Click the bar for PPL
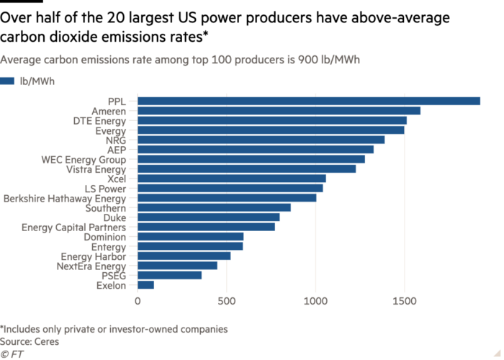point(309,101)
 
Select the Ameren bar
point(279,111)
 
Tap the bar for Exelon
point(146,285)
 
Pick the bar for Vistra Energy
point(246,169)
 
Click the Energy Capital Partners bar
point(206,227)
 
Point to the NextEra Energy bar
point(177,266)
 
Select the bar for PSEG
point(169,275)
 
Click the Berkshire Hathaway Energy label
point(65,198)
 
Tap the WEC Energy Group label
point(84,159)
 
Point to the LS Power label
point(105,189)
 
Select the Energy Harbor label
point(94,256)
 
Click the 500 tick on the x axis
point(227,301)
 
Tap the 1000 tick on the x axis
point(315,301)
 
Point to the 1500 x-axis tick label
point(405,301)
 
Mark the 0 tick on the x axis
point(138,301)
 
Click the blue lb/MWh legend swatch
point(8,81)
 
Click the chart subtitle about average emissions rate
point(180,60)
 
